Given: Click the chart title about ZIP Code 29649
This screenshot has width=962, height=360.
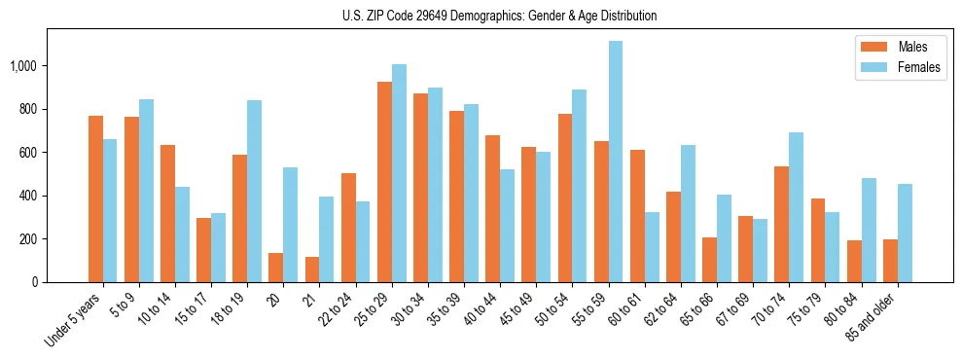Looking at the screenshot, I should click(x=499, y=16).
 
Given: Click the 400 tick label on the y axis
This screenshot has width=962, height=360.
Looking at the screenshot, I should click(x=29, y=196).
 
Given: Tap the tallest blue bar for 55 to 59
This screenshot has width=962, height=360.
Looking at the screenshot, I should click(x=615, y=162).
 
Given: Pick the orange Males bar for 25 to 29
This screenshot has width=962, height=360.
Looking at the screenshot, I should click(x=384, y=182).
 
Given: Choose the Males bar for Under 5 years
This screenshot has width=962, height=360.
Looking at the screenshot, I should click(x=95, y=198).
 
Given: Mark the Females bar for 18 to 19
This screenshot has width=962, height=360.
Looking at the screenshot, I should click(x=254, y=191).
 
